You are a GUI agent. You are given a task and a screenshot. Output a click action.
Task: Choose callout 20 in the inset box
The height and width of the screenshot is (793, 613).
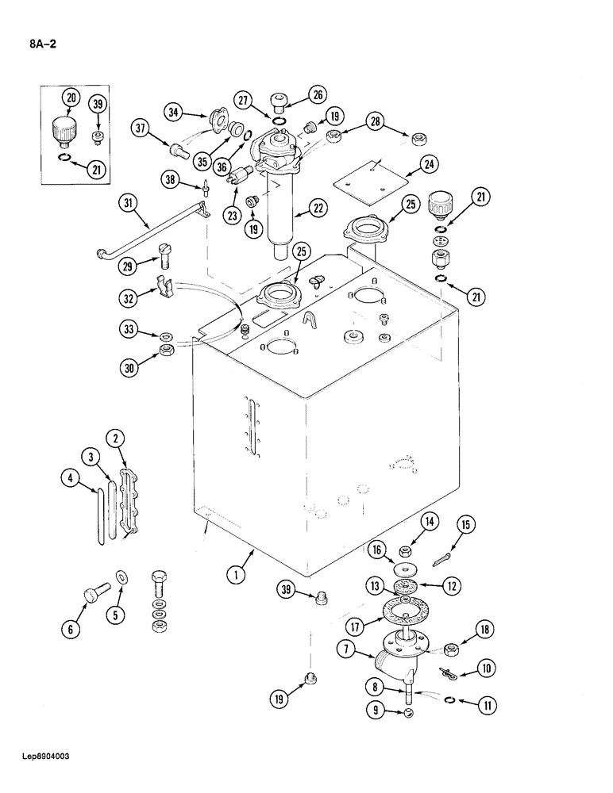(71, 98)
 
